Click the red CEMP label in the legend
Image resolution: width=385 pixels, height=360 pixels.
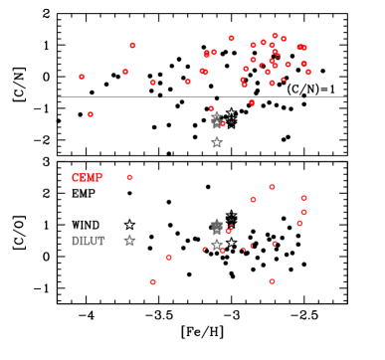click(x=87, y=177)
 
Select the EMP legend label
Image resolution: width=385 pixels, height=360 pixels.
click(x=84, y=193)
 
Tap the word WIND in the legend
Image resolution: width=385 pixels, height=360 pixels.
click(x=86, y=225)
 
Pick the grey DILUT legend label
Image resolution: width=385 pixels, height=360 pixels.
click(x=88, y=241)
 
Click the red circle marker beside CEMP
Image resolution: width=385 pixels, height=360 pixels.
click(x=129, y=177)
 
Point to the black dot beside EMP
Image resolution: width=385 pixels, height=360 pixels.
click(x=129, y=193)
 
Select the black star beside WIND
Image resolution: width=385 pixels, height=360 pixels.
click(x=129, y=225)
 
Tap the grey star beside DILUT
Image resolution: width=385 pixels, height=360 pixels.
click(x=129, y=241)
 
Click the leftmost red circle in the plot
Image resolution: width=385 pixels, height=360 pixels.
click(x=82, y=77)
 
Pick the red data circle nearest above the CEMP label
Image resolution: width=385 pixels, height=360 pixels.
click(x=91, y=114)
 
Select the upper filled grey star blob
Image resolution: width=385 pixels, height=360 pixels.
click(x=216, y=119)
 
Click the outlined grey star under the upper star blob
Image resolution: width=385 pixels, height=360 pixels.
click(x=216, y=142)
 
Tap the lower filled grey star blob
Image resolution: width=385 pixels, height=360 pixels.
click(x=217, y=227)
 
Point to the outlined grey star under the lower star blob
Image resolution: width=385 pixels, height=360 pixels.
click(x=216, y=245)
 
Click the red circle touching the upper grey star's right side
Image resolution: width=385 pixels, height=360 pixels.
click(x=223, y=123)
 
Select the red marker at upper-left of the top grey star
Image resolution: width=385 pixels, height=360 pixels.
click(x=211, y=108)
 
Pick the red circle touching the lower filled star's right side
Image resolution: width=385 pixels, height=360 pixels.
click(x=229, y=230)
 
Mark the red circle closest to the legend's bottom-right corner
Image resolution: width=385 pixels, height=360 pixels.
click(x=152, y=281)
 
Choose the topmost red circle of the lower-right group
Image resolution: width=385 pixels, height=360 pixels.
click(x=272, y=187)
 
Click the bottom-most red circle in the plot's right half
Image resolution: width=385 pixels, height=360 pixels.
click(x=272, y=281)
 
